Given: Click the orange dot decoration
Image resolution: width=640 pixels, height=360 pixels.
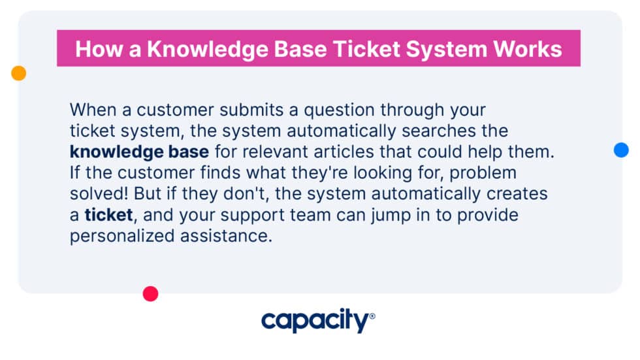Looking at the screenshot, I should coord(18,73).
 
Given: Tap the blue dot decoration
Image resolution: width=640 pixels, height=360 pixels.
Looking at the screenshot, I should coord(621,150).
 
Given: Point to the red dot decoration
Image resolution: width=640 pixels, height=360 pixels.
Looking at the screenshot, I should coord(150,294).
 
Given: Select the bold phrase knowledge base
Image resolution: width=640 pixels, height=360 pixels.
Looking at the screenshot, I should coord(139,151).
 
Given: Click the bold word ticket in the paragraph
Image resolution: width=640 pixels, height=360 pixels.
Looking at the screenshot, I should coord(108,214).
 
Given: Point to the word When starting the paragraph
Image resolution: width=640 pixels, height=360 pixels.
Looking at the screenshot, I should coord(91,108).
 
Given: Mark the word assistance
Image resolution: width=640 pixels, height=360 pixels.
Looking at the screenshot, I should coord(232,236).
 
